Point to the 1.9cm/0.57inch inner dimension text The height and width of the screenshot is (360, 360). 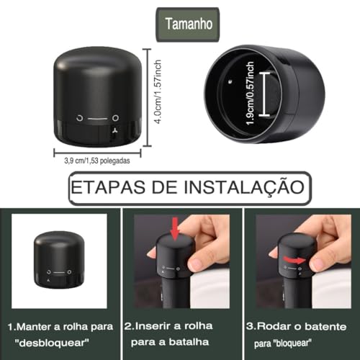point(251,94)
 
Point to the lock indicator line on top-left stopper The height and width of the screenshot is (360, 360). point(96,117)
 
